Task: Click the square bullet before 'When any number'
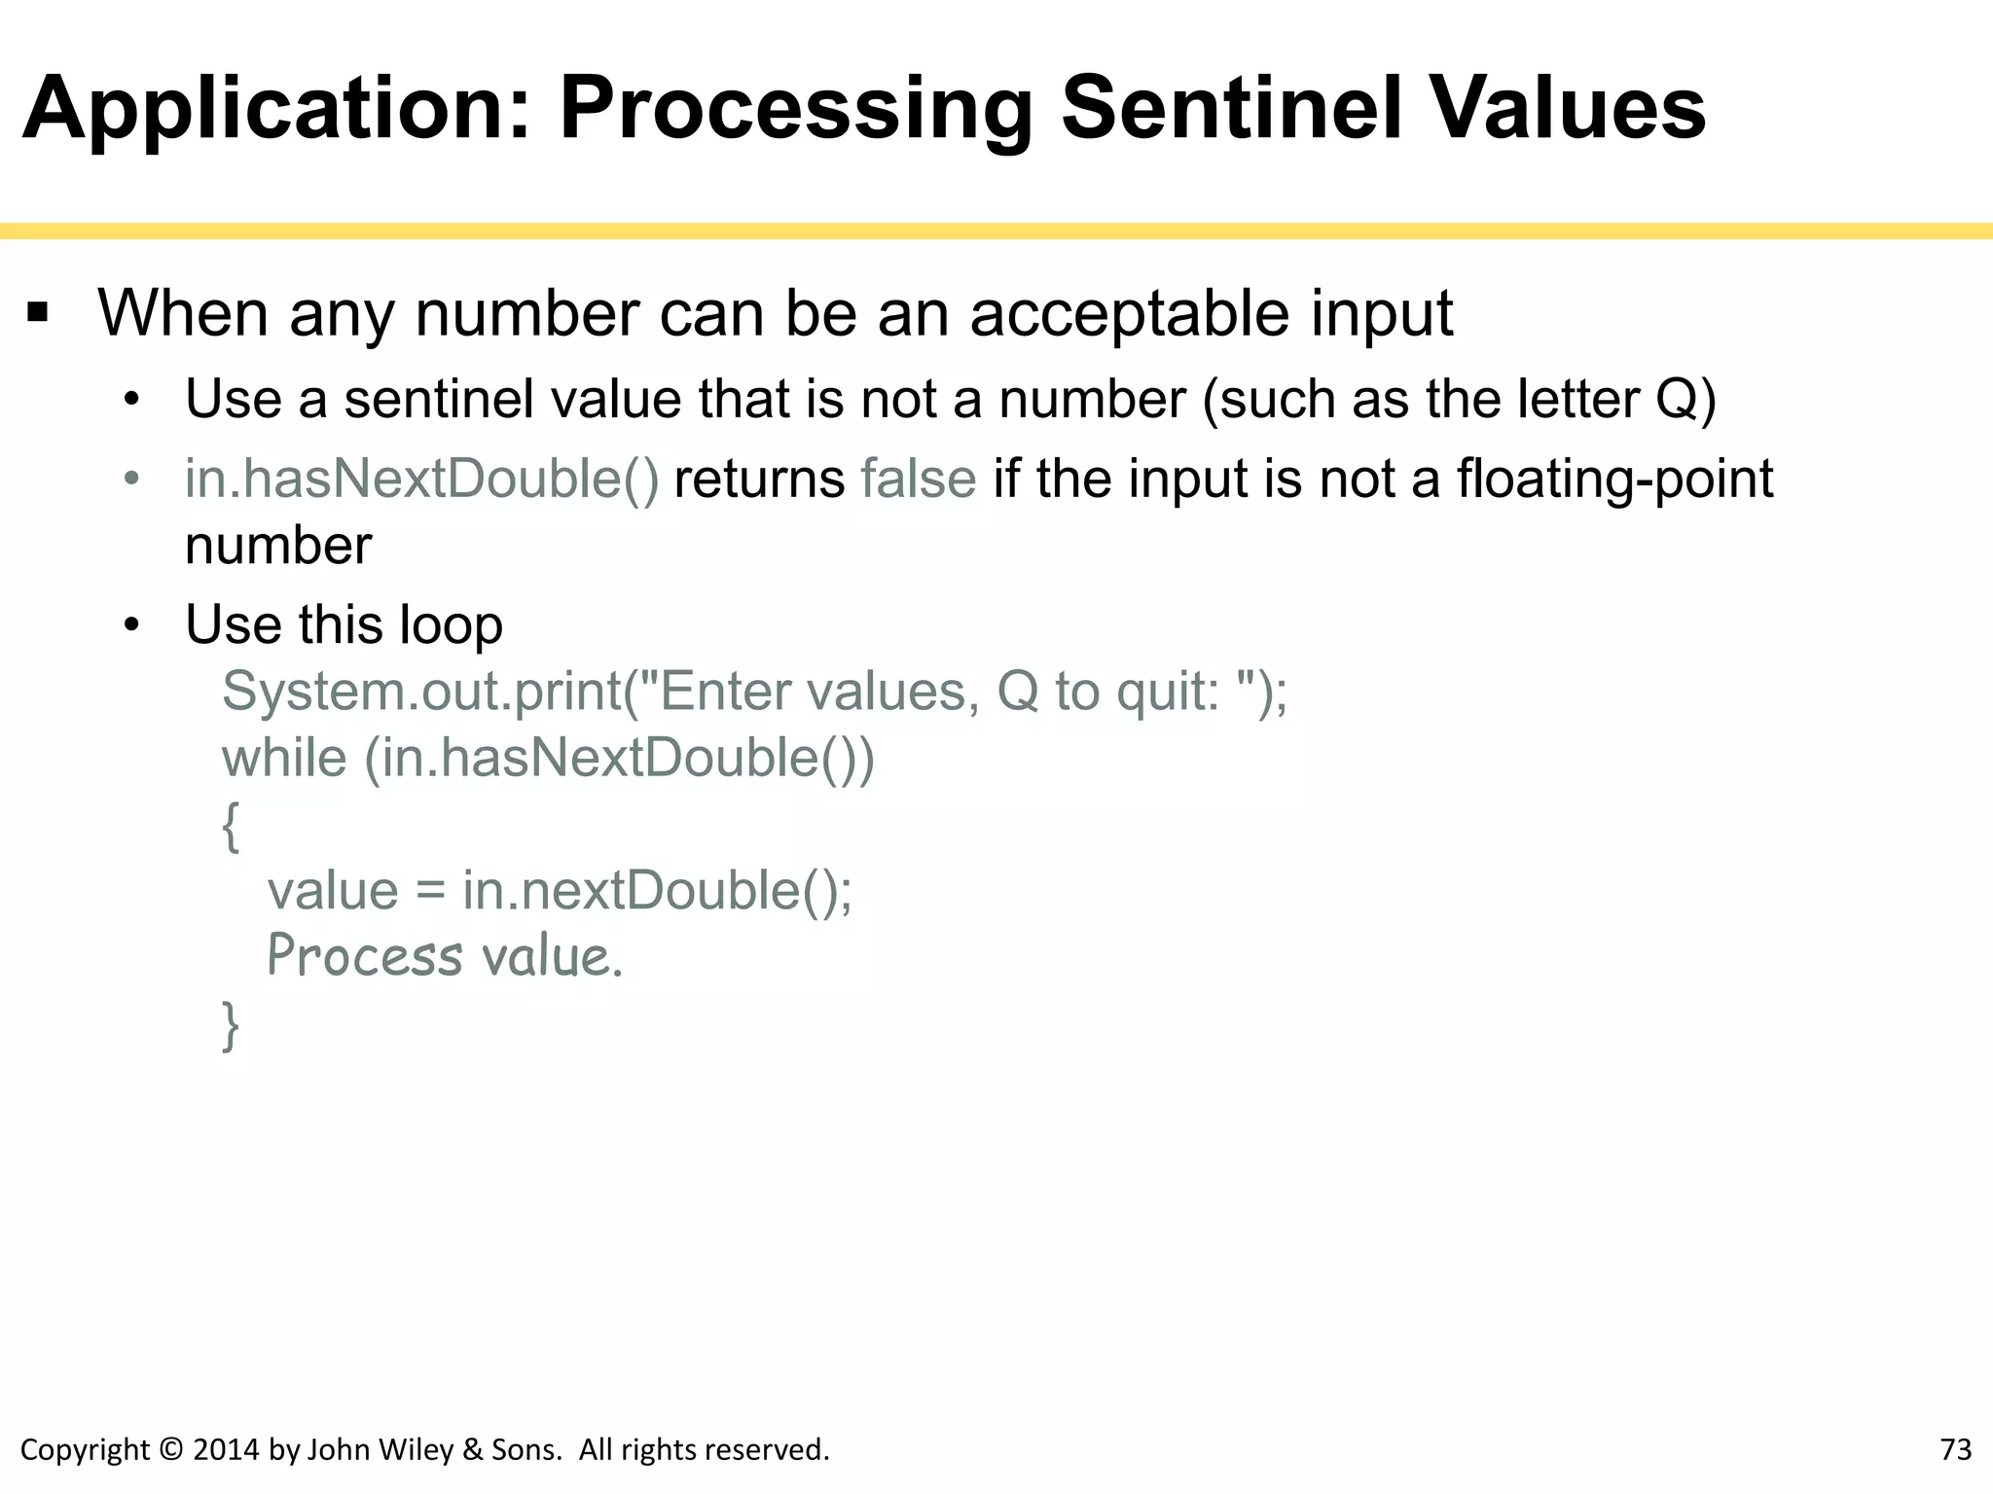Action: pyautogui.click(x=38, y=314)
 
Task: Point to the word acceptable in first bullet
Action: pyautogui.click(x=1130, y=314)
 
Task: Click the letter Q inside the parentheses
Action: pyautogui.click(x=1676, y=399)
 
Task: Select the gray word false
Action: pyautogui.click(x=918, y=479)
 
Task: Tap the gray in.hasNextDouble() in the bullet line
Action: pyautogui.click(x=421, y=479)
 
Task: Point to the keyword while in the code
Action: pyautogui.click(x=283, y=758)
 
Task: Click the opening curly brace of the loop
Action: pyautogui.click(x=231, y=827)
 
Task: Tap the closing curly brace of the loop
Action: pyautogui.click(x=231, y=1026)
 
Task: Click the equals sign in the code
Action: pyautogui.click(x=430, y=892)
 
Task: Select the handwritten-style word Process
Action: pyautogui.click(x=364, y=956)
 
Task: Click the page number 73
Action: pyautogui.click(x=1955, y=1449)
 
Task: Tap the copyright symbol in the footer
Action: pyautogui.click(x=170, y=1449)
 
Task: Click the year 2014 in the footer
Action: pyautogui.click(x=227, y=1449)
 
